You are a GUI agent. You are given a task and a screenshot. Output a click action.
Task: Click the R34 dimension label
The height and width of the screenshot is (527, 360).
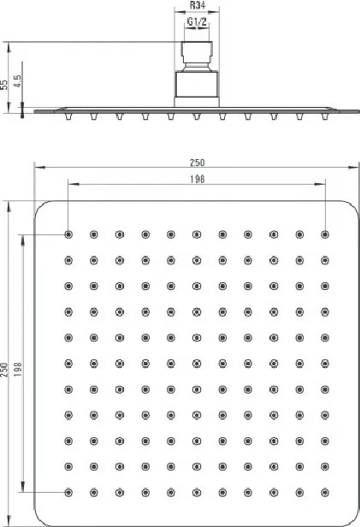pyautogui.click(x=198, y=5)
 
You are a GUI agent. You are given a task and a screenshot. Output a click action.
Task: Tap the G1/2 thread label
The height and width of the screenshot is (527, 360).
pyautogui.click(x=197, y=22)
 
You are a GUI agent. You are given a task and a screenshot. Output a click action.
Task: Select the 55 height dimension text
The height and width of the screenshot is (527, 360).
pyautogui.click(x=4, y=85)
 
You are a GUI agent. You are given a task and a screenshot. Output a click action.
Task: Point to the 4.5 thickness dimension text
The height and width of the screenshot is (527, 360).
pyautogui.click(x=17, y=81)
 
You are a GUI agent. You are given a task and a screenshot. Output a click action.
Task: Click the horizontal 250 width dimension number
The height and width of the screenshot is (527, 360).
pyautogui.click(x=198, y=163)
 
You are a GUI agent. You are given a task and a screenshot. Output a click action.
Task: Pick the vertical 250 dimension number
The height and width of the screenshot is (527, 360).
pyautogui.click(x=4, y=370)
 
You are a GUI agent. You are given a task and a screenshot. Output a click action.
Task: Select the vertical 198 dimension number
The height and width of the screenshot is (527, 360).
pyautogui.click(x=17, y=369)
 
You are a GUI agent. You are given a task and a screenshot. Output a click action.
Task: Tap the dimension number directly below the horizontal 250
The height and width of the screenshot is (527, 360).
pyautogui.click(x=198, y=180)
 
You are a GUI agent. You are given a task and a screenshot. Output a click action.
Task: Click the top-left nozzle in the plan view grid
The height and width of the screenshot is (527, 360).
pyautogui.click(x=68, y=234)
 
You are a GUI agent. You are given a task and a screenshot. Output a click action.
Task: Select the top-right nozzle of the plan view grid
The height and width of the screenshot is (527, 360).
pyautogui.click(x=325, y=234)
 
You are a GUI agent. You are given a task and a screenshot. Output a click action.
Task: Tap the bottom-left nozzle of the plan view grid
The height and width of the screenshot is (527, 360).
pyautogui.click(x=68, y=493)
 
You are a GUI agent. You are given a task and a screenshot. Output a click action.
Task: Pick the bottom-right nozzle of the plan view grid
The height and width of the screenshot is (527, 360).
pyautogui.click(x=325, y=493)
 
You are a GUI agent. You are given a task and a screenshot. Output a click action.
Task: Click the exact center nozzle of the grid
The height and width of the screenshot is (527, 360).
pyautogui.click(x=197, y=364)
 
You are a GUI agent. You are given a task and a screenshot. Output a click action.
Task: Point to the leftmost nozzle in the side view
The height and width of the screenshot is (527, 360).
pyautogui.click(x=68, y=116)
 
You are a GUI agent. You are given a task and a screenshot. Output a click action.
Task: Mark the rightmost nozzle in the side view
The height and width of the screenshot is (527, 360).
pyautogui.click(x=325, y=116)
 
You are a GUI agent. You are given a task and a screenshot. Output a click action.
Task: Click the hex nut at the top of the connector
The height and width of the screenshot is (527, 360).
pyautogui.click(x=197, y=52)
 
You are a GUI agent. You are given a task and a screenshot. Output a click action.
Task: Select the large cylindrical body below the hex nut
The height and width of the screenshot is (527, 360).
pyautogui.click(x=197, y=84)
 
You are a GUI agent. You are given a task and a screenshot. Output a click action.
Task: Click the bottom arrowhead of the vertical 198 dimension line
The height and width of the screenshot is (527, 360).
pyautogui.click(x=23, y=487)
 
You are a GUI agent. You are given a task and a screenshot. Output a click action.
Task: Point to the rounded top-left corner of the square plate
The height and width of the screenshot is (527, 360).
pyautogui.click(x=41, y=207)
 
